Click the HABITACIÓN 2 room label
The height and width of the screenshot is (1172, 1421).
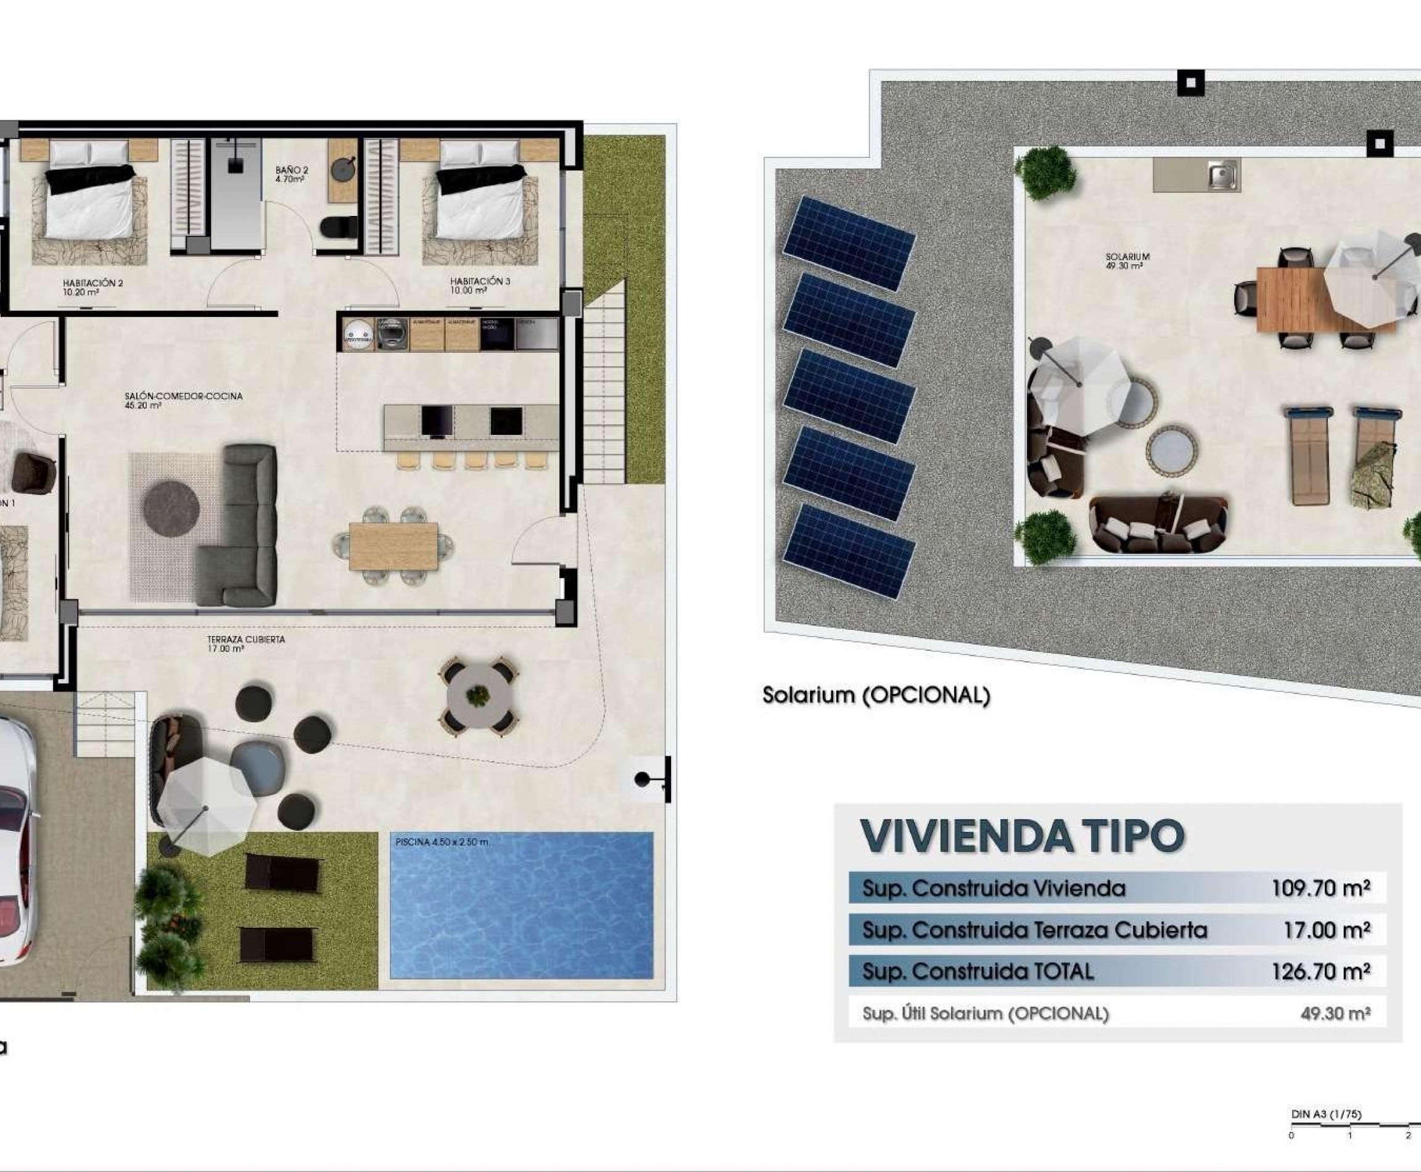coord(93,287)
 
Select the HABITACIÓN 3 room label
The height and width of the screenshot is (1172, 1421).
coord(480,285)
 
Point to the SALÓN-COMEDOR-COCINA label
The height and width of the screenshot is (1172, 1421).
coord(183,400)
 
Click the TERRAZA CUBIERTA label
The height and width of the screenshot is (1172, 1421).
coord(245,643)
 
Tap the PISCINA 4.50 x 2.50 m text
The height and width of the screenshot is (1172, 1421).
coord(442,842)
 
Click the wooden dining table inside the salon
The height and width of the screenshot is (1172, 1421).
coord(393,546)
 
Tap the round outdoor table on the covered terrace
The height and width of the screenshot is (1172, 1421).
coord(478,695)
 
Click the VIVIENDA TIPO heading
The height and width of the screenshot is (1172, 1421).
coord(1022,836)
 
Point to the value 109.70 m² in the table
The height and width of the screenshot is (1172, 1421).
coord(1320,888)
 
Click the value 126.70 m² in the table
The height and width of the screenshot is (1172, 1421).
coord(1320,972)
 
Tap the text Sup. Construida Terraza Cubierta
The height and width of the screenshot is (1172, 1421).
coord(1034,930)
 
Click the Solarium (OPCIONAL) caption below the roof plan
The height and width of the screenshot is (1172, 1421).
coord(876,695)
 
